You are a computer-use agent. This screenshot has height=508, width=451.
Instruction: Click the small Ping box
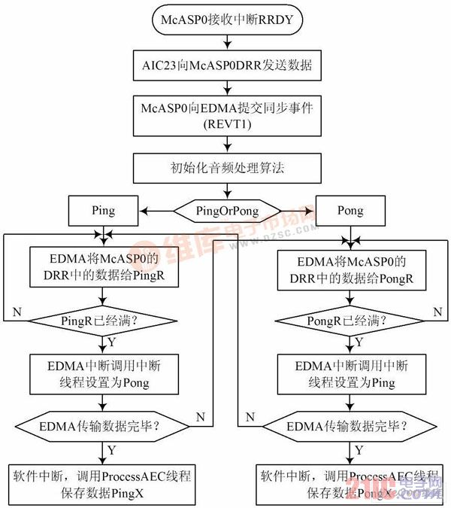click(x=104, y=211)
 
